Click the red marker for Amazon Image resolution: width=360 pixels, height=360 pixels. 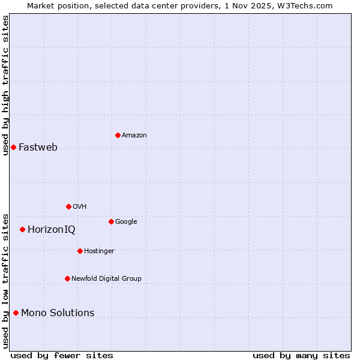point(118,135)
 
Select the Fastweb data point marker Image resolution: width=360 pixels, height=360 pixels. point(13,147)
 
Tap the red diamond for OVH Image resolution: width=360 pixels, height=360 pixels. point(68,206)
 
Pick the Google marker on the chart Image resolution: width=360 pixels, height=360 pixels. point(111,221)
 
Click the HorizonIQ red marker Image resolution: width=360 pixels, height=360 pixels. point(22,229)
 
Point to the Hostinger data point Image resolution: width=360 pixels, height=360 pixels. point(80,251)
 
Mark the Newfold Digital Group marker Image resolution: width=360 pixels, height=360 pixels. point(67,278)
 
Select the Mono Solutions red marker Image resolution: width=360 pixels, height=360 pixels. point(16,313)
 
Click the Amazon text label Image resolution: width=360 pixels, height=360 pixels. point(134,136)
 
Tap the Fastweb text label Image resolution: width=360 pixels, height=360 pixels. point(38,148)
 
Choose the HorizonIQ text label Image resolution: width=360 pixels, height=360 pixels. point(52,230)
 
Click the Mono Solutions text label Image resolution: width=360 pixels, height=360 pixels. point(58,313)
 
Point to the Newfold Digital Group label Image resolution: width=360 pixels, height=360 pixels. point(106,278)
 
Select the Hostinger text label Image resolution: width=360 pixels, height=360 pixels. point(99,251)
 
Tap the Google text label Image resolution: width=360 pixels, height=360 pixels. point(126,221)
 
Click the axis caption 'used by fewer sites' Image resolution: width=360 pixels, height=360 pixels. point(62,355)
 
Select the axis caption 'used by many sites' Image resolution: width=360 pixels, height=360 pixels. point(301,355)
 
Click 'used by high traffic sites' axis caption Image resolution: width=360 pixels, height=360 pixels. point(5,85)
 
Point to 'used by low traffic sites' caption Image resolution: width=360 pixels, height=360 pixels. point(5,281)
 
